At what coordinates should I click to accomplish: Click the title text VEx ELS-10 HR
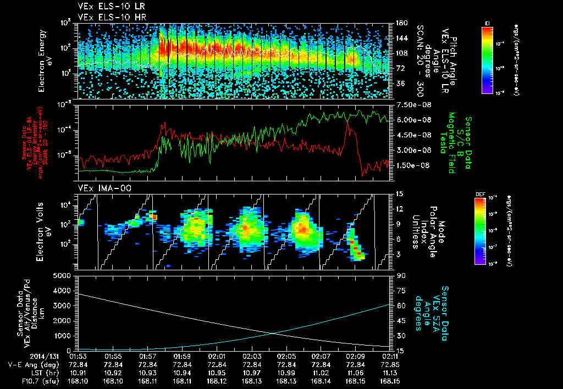[107, 17]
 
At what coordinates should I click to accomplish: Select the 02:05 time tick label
[286, 355]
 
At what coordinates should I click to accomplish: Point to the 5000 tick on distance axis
[64, 275]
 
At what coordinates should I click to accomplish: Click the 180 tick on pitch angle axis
[399, 23]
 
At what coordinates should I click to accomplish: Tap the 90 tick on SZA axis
[397, 275]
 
